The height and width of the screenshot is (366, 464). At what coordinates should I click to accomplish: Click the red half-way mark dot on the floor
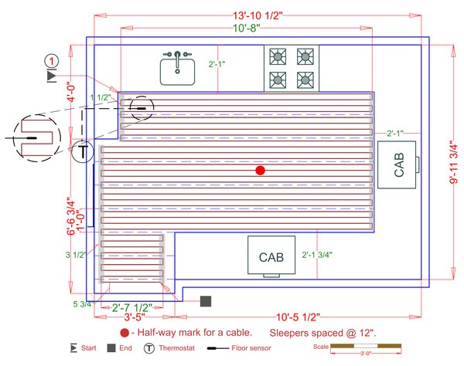click(x=261, y=170)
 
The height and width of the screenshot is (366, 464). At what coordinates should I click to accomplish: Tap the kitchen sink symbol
click(x=178, y=69)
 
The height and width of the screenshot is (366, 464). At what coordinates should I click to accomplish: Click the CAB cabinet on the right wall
click(x=399, y=165)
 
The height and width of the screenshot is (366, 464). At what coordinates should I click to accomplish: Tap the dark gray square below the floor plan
click(x=206, y=301)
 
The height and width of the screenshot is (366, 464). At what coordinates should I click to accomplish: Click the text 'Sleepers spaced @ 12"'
click(x=323, y=333)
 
